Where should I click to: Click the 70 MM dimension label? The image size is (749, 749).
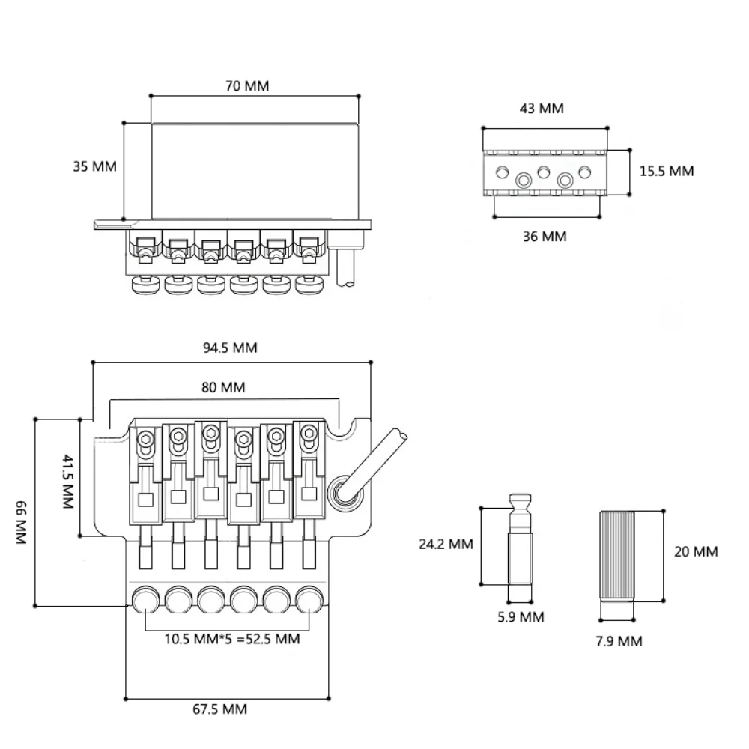[x=246, y=85]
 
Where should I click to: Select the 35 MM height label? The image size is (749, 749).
[x=94, y=166]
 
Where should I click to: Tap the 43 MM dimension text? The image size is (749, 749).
[x=541, y=109]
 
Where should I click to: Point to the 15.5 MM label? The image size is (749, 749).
[x=667, y=171]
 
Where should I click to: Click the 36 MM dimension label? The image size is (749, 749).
[x=545, y=237]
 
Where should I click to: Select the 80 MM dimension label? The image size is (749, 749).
[x=222, y=387]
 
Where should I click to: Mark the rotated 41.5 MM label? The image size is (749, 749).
[x=67, y=481]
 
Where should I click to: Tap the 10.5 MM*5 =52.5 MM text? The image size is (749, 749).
[x=231, y=639]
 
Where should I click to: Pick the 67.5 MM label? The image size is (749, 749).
[x=220, y=709]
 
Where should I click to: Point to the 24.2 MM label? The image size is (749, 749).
[x=446, y=545]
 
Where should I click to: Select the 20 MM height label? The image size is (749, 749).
[x=696, y=552]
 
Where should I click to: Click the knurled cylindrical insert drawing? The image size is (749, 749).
[x=617, y=555]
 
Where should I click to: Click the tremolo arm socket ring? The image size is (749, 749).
[x=343, y=492]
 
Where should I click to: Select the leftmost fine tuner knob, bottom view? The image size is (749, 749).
[x=145, y=600]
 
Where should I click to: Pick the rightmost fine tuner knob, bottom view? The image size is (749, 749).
[x=309, y=600]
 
